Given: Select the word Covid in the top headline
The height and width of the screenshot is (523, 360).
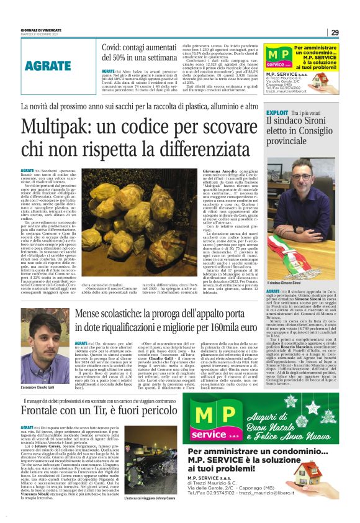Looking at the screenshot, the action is point(115,45).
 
